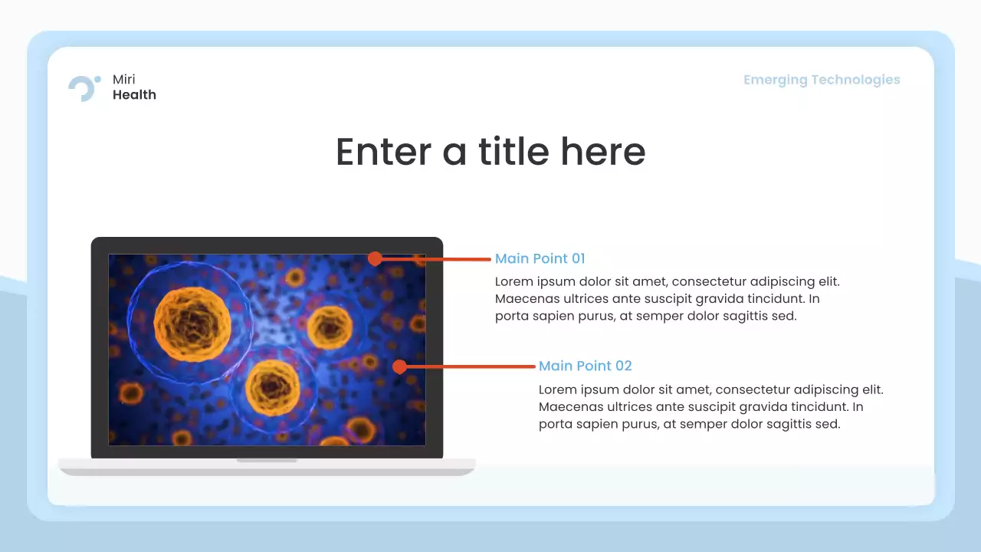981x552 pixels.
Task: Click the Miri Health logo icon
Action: (84, 87)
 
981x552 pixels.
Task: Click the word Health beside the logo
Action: (134, 95)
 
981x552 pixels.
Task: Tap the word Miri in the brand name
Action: (124, 80)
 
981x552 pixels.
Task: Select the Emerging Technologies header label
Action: (822, 80)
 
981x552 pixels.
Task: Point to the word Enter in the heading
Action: (384, 151)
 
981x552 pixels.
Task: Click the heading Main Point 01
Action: (540, 258)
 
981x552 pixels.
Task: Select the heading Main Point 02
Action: (585, 366)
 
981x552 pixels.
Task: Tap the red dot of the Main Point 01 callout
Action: (375, 259)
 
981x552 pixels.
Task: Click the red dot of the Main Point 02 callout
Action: (399, 366)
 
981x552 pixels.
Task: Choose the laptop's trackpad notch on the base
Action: (267, 460)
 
